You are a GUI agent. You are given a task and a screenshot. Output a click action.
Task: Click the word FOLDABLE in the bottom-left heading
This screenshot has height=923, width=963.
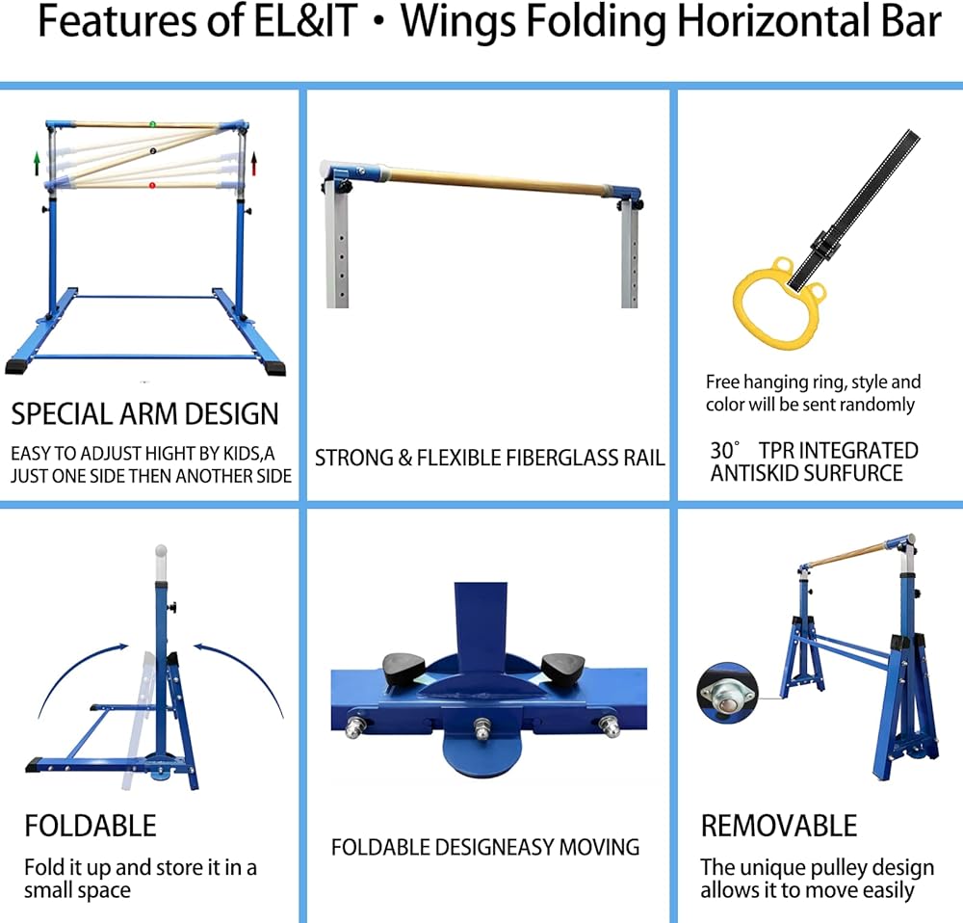[90, 826]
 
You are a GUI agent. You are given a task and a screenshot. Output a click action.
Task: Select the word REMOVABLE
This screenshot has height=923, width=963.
[778, 826]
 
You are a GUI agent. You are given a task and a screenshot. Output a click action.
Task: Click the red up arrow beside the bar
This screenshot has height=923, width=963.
[254, 161]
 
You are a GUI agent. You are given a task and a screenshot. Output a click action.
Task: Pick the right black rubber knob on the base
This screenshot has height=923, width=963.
[562, 666]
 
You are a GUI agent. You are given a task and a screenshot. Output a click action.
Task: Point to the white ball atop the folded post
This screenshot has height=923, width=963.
[161, 553]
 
